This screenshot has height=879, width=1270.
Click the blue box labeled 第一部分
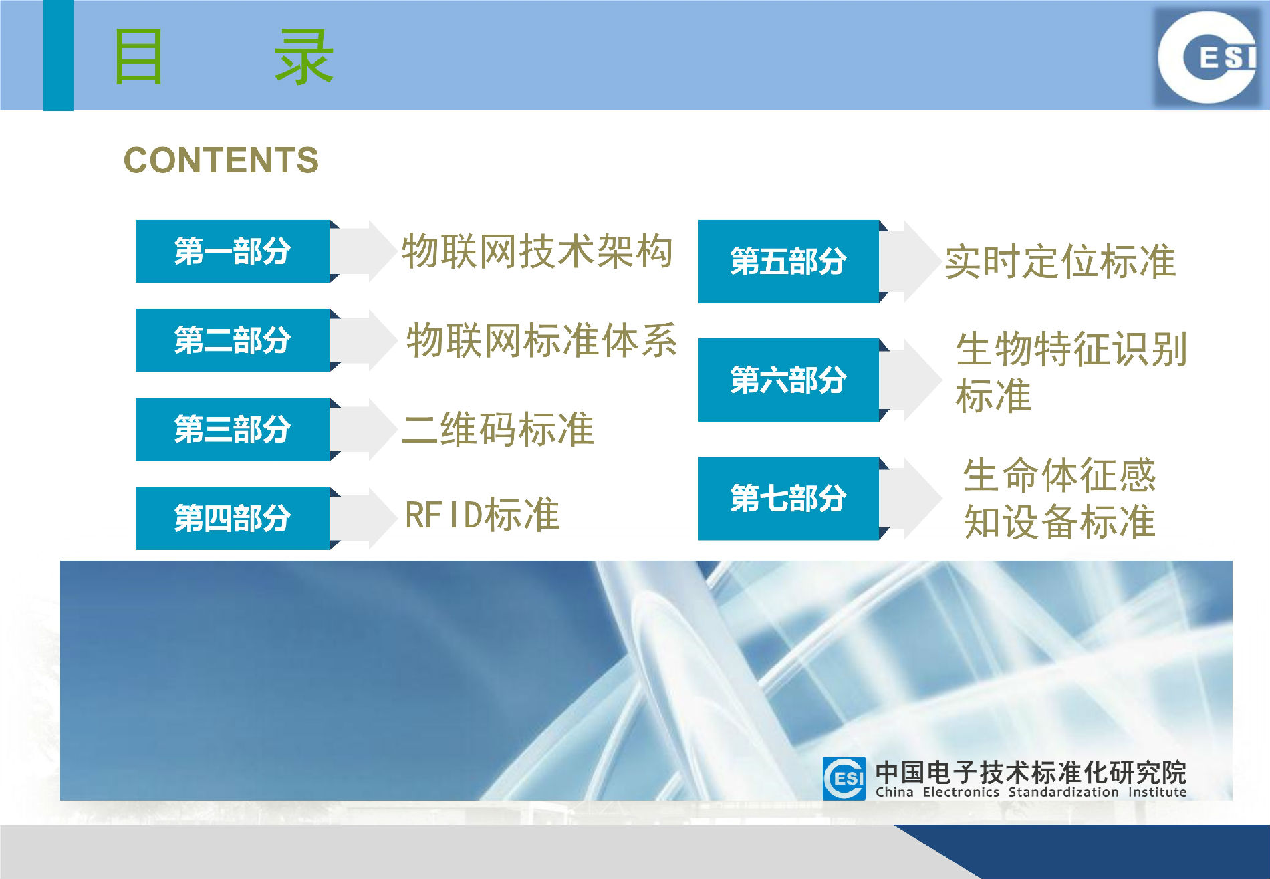tap(233, 251)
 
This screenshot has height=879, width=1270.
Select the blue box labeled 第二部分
tap(233, 340)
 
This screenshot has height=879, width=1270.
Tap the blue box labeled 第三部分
tap(233, 429)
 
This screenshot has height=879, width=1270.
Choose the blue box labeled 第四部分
tap(233, 518)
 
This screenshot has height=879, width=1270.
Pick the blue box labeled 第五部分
tap(789, 261)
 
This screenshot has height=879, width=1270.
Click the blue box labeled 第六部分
tap(789, 380)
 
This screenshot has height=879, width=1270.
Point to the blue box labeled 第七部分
tap(789, 498)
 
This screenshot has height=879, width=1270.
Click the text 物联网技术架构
tap(537, 251)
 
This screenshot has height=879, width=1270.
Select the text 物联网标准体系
tap(541, 340)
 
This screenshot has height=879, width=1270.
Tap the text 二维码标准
tap(498, 429)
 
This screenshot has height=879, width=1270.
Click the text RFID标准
tap(483, 515)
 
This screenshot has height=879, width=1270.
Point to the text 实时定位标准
tap(1060, 261)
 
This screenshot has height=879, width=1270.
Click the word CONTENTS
tap(221, 160)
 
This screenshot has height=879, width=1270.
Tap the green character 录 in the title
tap(304, 57)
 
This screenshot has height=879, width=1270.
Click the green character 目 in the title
tap(138, 57)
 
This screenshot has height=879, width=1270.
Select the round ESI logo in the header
tap(1208, 56)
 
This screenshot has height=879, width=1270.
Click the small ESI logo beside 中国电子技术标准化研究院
tap(844, 778)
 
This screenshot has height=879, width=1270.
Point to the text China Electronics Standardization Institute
tap(1031, 792)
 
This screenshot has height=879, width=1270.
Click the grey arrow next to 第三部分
tap(364, 429)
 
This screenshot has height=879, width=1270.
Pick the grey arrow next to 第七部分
tap(911, 498)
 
